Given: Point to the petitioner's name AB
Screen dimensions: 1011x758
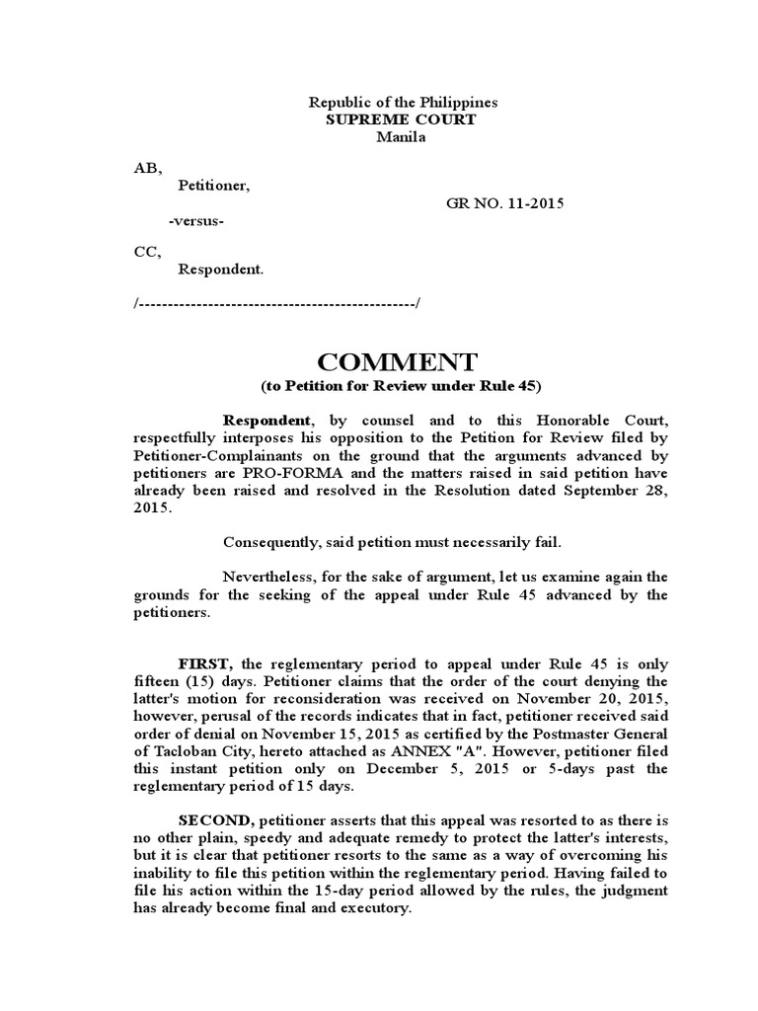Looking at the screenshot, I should (145, 168).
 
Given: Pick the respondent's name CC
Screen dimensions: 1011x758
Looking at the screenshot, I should (145, 252).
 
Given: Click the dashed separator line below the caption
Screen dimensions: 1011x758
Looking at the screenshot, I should (277, 302).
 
